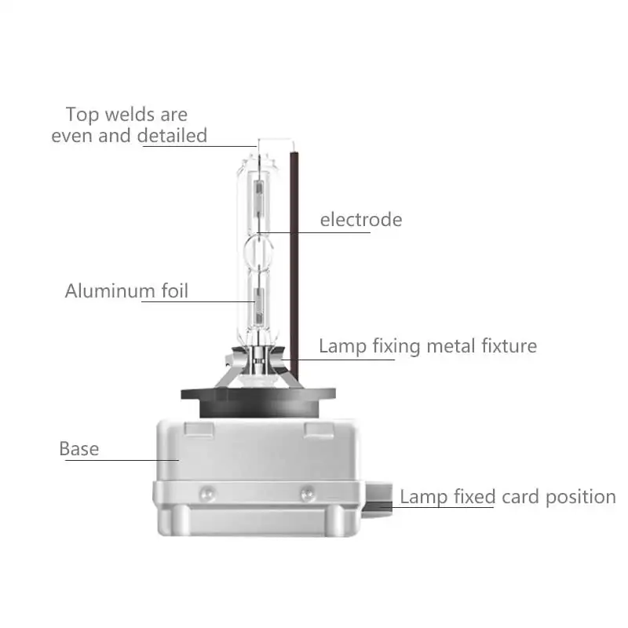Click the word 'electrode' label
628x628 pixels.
point(361,220)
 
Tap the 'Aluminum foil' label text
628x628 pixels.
point(126,290)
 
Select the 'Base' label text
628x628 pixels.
point(79,448)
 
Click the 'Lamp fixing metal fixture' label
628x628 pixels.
point(428,346)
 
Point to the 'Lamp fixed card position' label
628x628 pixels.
point(508,497)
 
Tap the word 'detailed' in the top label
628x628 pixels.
point(172,135)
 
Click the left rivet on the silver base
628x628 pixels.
point(207,494)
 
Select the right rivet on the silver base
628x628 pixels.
point(308,494)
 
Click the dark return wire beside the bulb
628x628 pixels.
point(294,265)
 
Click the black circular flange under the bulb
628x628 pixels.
point(258,402)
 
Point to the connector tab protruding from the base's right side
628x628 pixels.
point(378,499)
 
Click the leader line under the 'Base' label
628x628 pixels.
point(122,460)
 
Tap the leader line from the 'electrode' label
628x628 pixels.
point(314,232)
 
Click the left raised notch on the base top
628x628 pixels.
point(199,429)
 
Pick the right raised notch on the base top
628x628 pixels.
point(319,429)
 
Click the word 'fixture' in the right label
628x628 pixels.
point(509,345)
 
